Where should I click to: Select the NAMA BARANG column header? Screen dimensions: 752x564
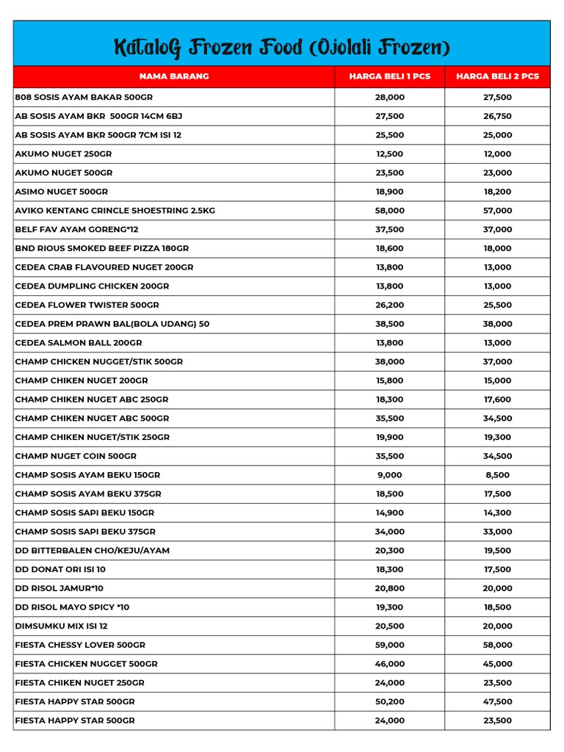174,76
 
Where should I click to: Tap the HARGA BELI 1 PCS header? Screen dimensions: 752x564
389,76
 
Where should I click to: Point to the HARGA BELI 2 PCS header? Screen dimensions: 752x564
497,76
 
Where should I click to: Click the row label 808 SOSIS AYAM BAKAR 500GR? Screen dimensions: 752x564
84,97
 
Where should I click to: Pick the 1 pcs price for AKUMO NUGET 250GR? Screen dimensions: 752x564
389,153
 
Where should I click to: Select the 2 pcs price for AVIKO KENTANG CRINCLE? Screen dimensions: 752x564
497,211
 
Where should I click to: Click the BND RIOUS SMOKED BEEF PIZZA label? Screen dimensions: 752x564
102,248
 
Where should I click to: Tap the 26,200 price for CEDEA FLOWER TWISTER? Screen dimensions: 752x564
389,305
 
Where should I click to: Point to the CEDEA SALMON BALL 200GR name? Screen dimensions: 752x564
79,343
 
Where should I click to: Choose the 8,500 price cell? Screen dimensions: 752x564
497,475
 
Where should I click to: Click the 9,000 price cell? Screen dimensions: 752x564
389,475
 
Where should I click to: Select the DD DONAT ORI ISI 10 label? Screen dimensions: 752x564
60,569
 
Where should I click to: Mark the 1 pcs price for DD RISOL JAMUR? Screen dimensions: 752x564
389,588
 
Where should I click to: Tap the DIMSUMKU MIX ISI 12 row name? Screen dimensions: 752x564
62,626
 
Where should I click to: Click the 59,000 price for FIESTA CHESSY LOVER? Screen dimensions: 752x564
389,645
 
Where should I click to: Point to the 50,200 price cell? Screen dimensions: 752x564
389,701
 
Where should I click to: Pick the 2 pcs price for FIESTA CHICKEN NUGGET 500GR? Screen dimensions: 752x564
497,664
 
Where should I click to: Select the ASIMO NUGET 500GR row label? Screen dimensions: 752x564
62,192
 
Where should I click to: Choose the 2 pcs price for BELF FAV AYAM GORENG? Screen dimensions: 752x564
497,229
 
